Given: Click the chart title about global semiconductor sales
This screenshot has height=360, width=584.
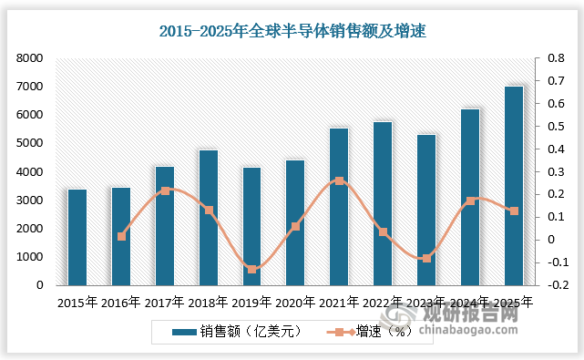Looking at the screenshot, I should click(x=292, y=32).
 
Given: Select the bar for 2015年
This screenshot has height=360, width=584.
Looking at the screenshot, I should click(x=77, y=237).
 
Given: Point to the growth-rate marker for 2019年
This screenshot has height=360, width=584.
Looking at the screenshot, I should click(x=252, y=269).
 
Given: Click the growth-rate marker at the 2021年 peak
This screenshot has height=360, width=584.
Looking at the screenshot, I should click(x=340, y=180).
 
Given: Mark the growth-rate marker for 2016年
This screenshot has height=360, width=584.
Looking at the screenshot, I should click(x=121, y=236).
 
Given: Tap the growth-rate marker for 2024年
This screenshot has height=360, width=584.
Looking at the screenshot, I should click(x=470, y=201).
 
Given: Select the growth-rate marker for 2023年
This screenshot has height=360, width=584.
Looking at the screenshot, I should click(x=426, y=259).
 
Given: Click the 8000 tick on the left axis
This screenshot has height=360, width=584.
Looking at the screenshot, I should click(x=31, y=58).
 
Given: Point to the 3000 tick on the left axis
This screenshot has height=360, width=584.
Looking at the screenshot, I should click(x=31, y=201).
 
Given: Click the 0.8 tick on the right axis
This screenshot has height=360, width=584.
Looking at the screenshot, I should click(x=543, y=58).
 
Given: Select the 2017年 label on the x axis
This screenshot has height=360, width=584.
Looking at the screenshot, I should click(x=165, y=301).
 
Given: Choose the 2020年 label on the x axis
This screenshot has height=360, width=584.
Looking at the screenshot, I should click(x=295, y=301).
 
